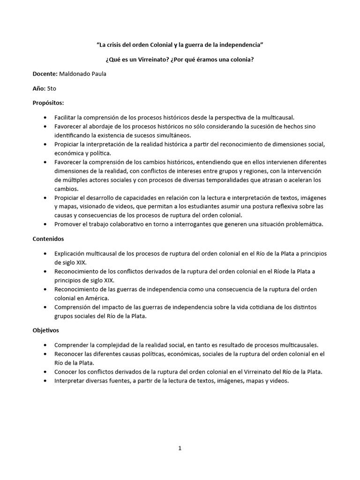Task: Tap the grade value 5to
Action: point(52,88)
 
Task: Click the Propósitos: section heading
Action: point(48,102)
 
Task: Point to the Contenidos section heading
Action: point(48,239)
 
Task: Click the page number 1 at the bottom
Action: point(180,448)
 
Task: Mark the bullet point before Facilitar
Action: point(45,117)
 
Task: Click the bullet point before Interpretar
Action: point(45,381)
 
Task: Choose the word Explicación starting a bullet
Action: point(73,254)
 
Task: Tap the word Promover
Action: point(69,224)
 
